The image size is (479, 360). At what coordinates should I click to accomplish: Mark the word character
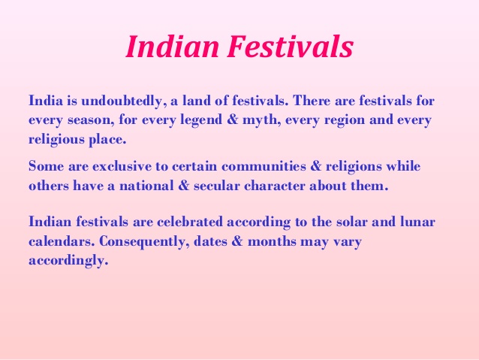coord(291,185)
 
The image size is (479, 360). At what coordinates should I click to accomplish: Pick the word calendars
coord(60,243)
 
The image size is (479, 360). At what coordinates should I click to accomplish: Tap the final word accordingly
coord(68,262)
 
